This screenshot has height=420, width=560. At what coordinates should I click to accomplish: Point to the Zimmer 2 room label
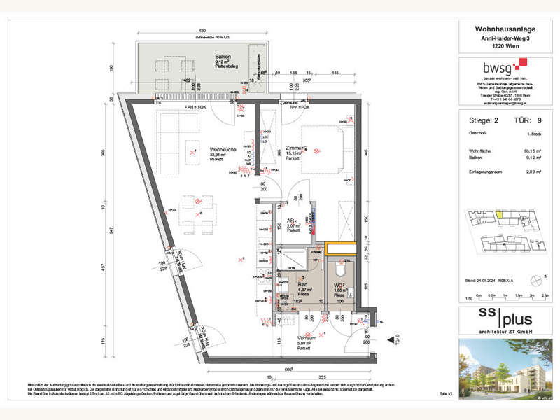tap(297, 148)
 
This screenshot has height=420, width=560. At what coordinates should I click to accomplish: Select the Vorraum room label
tap(306, 337)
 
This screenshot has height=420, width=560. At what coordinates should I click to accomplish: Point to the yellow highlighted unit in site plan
tap(500, 214)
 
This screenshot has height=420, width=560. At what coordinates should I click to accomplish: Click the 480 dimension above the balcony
tap(201, 31)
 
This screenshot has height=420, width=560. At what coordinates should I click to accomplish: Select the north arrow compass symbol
tap(537, 281)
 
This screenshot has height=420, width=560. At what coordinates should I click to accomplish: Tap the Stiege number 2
tap(496, 120)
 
